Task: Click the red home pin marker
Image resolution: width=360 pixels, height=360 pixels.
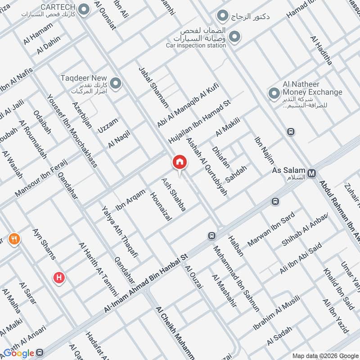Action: (x=179, y=162)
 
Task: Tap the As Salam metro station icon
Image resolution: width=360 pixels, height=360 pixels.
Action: (x=312, y=173)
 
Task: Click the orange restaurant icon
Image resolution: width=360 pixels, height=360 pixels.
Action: (x=14, y=239)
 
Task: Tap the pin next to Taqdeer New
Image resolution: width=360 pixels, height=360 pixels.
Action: (x=116, y=83)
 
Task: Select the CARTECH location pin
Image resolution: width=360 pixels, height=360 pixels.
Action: (x=83, y=9)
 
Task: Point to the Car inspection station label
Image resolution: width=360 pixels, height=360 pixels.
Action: (x=196, y=45)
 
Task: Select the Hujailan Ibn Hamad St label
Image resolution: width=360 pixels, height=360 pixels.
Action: (x=199, y=121)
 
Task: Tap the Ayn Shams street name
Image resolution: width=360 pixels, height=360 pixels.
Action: (x=44, y=244)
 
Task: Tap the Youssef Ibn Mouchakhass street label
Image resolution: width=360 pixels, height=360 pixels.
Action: (x=72, y=130)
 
